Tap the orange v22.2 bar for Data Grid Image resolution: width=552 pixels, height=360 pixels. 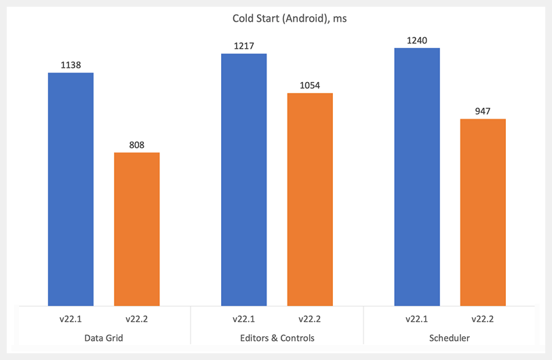(x=136, y=228)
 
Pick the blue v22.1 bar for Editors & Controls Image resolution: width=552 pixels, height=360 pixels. (x=243, y=179)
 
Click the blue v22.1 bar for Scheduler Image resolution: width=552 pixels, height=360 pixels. (x=417, y=176)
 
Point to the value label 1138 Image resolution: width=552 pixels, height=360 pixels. (x=71, y=66)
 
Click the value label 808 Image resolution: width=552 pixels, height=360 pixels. (x=136, y=145)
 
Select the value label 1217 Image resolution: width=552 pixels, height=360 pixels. (x=243, y=47)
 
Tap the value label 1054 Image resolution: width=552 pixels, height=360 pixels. (x=310, y=86)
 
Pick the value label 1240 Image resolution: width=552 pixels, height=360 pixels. (x=417, y=41)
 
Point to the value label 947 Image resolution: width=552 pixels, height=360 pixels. (x=483, y=112)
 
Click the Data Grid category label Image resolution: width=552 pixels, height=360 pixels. (x=104, y=337)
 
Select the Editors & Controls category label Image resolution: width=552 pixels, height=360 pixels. (x=277, y=337)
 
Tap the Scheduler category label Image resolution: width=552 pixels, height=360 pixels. (x=450, y=337)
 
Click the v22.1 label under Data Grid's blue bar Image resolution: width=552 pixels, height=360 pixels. (x=71, y=318)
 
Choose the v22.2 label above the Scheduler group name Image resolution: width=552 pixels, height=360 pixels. (x=483, y=318)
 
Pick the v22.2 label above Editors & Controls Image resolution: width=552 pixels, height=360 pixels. (x=310, y=318)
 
